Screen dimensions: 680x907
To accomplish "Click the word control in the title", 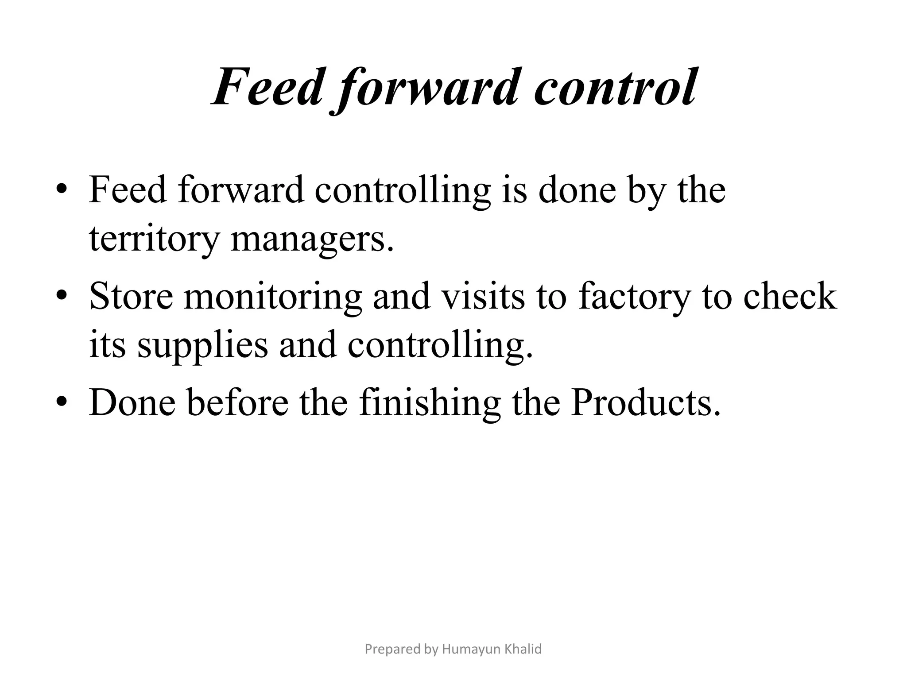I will pyautogui.click(x=616, y=87).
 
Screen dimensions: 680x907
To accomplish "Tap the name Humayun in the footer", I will pyautogui.click(x=472, y=649).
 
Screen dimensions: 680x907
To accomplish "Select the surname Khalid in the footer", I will pyautogui.click(x=523, y=649).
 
